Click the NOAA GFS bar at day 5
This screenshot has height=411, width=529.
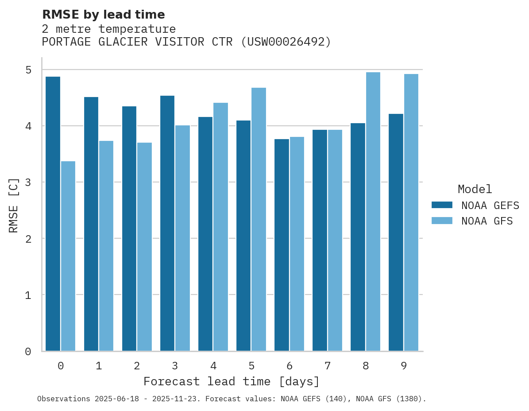(x=259, y=219)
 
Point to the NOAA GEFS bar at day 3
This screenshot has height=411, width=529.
(x=167, y=223)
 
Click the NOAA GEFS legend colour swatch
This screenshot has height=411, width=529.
(x=442, y=205)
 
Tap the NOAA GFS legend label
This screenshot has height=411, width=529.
(x=487, y=221)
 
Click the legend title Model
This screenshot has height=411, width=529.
(x=475, y=190)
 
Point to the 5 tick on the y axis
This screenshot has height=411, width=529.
(x=28, y=70)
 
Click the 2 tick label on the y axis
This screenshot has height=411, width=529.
(x=28, y=239)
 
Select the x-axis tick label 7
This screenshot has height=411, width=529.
(x=328, y=366)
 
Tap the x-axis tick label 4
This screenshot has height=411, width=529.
(x=213, y=366)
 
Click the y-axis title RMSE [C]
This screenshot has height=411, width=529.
(x=14, y=205)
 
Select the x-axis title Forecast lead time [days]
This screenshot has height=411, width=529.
(x=231, y=382)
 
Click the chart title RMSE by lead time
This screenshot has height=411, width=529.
(x=103, y=15)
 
